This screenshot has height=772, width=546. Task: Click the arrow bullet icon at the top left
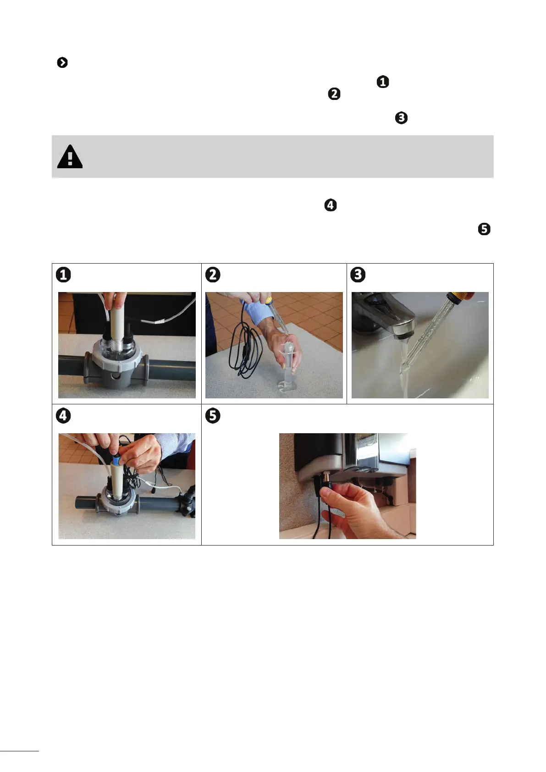tap(62, 62)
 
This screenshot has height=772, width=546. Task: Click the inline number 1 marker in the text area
tap(383, 82)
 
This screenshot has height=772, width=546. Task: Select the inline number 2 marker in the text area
tap(334, 94)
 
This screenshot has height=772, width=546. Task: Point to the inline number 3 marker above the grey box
tap(401, 118)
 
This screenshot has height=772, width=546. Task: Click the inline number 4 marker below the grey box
tap(331, 205)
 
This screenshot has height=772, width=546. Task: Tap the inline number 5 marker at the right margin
tap(484, 229)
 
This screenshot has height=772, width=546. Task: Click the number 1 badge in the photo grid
tap(63, 275)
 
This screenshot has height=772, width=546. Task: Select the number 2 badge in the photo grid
tap(213, 275)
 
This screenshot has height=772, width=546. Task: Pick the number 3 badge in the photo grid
tap(358, 275)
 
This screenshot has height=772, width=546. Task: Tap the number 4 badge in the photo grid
tap(63, 416)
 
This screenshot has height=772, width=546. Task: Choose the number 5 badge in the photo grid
tap(213, 416)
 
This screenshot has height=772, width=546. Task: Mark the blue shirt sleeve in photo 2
tap(262, 310)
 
